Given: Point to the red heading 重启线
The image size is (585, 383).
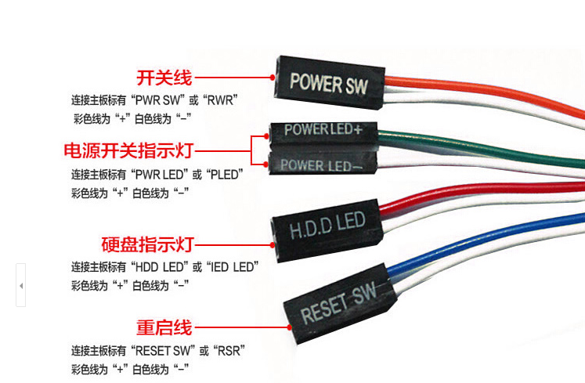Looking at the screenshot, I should pyautogui.click(x=164, y=327).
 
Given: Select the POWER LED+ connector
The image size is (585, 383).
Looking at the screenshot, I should pyautogui.click(x=322, y=129).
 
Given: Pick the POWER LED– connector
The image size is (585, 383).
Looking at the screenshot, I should pyautogui.click(x=321, y=165).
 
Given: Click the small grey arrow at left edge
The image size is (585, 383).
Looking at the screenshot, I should pyautogui.click(x=21, y=286).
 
